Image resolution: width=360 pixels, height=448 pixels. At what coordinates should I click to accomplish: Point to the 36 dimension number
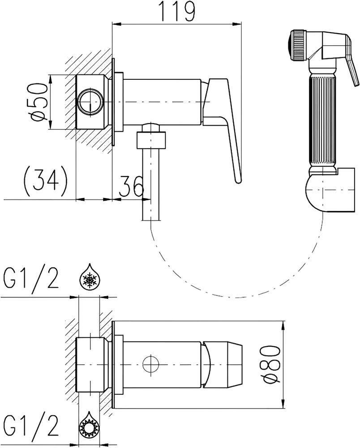[x=131, y=186]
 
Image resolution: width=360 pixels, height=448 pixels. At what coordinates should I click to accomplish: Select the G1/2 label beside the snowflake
[x=31, y=278]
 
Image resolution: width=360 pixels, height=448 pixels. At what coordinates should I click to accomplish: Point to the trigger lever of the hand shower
[x=351, y=61]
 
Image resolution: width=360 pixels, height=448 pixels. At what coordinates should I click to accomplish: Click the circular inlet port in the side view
[x=90, y=102]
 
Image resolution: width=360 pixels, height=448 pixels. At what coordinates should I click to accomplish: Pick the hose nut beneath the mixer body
[x=151, y=140]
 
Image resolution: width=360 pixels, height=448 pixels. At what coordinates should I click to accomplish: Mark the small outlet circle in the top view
[x=151, y=365]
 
